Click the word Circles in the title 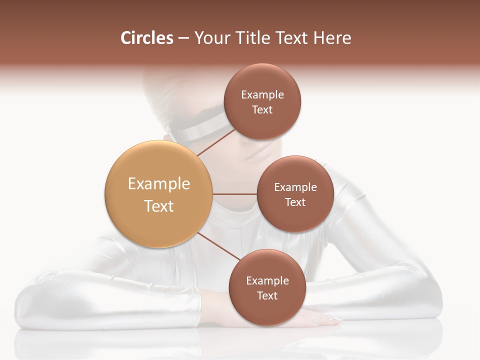(x=146, y=38)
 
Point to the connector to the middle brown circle (x=235, y=194)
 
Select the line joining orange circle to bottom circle (x=218, y=246)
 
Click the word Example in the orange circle (x=159, y=183)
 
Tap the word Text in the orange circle (x=159, y=206)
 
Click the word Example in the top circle (x=262, y=94)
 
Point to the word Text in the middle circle (x=295, y=202)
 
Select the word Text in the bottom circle (x=267, y=295)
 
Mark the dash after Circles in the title (x=183, y=38)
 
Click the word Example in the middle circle (x=295, y=187)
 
